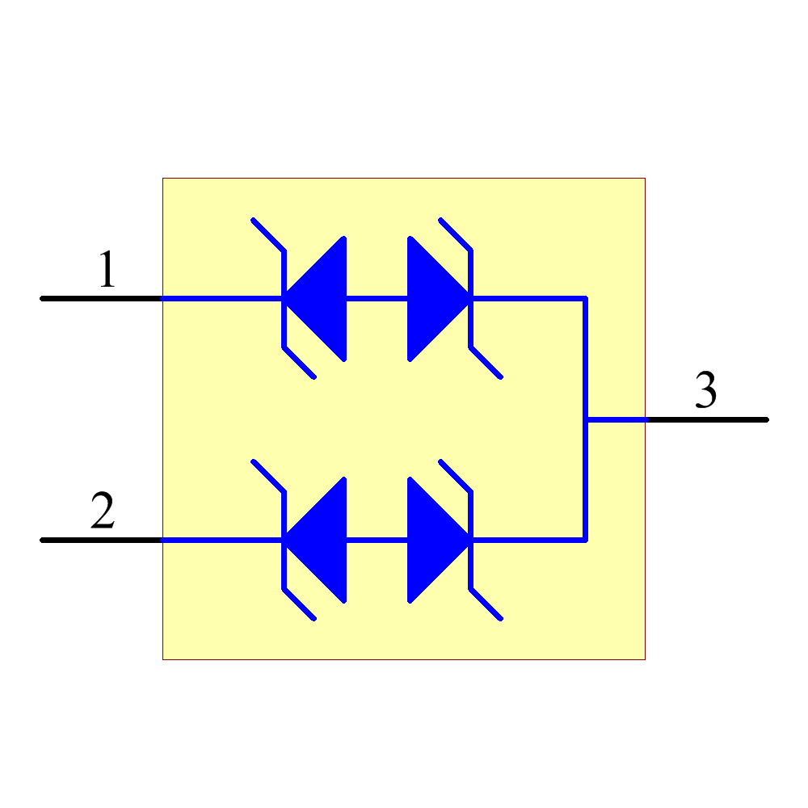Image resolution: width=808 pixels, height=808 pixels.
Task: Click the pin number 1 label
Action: (107, 271)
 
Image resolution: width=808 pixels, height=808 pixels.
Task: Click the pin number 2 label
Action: (103, 511)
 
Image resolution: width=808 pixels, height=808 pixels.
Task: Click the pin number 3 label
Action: (706, 391)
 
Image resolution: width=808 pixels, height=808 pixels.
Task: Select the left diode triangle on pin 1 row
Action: (323, 298)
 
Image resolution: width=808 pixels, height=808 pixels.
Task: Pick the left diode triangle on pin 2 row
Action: (323, 539)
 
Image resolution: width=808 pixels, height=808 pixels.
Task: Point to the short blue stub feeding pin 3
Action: (616, 419)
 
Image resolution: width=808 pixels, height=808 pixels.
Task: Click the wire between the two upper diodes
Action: (377, 298)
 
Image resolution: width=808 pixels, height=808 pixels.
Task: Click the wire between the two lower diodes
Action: (377, 539)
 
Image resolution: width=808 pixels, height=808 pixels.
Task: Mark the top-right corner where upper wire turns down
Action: (585, 298)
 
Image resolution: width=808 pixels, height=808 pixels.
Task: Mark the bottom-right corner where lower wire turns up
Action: (585, 539)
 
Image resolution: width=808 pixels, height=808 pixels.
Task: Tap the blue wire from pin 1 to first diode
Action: (222, 298)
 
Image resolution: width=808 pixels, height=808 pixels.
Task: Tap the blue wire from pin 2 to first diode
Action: (222, 539)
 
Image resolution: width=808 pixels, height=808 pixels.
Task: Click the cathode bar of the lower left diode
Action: (284, 566)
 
